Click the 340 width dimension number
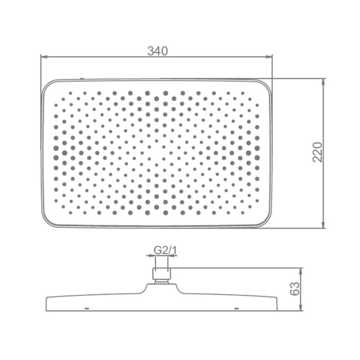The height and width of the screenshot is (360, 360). point(157,51)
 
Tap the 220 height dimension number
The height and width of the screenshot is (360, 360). point(318,152)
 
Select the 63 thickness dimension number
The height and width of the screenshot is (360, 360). point(295,289)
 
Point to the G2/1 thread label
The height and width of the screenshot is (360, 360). point(165,250)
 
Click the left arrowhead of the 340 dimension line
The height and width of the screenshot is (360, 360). point(44,56)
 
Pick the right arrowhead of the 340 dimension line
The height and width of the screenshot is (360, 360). point(269,56)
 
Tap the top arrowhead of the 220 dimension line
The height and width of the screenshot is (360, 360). point(323,82)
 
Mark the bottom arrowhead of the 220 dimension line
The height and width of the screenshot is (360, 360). point(323,225)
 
